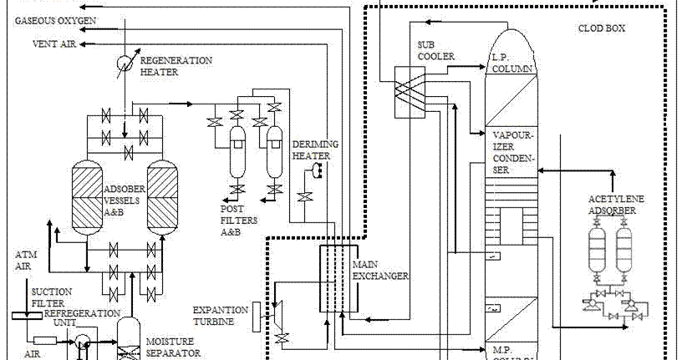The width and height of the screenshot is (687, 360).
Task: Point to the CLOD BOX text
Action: (x=602, y=28)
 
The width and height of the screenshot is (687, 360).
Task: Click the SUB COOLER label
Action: (x=435, y=50)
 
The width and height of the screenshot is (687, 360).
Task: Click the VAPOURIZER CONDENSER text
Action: (x=512, y=151)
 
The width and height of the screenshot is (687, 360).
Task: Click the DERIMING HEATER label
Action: (x=314, y=150)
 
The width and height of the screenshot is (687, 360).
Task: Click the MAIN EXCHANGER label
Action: (x=381, y=268)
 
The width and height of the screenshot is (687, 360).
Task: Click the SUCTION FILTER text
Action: (x=51, y=297)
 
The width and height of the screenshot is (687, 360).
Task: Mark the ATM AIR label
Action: (x=26, y=259)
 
